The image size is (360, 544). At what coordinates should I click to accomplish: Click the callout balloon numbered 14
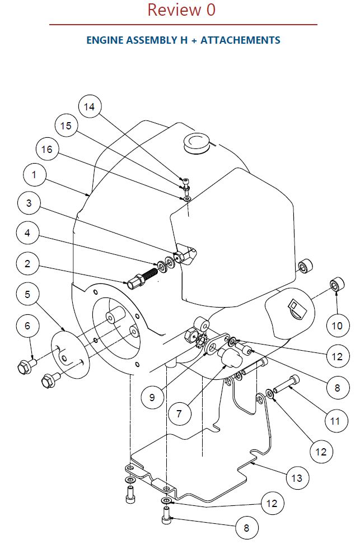pos(90,106)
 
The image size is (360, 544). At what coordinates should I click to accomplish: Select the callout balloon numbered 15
pos(66,125)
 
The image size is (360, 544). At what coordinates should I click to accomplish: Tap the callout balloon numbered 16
pos(47,149)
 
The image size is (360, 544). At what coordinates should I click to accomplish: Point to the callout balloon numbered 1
pos(34,174)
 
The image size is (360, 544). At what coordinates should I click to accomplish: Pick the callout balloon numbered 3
pos(29,203)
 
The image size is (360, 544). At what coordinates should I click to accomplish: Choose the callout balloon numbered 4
pos(28,233)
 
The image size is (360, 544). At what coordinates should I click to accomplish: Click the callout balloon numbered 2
pos(28,264)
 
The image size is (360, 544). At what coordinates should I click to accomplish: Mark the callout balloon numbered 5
pos(28,295)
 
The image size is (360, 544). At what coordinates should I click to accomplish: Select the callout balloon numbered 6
pos(28,326)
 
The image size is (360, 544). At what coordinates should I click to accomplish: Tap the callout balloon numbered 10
pos(337,326)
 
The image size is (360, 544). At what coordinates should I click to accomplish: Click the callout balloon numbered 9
pos(152,397)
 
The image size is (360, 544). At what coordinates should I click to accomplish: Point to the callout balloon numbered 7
pos(179,413)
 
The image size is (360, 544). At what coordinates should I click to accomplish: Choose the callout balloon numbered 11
pos(335,421)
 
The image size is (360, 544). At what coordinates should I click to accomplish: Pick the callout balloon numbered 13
pos(297,478)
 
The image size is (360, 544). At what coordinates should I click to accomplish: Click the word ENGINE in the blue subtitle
pos(105,40)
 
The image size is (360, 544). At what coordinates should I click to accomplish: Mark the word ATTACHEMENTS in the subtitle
pos(240,40)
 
